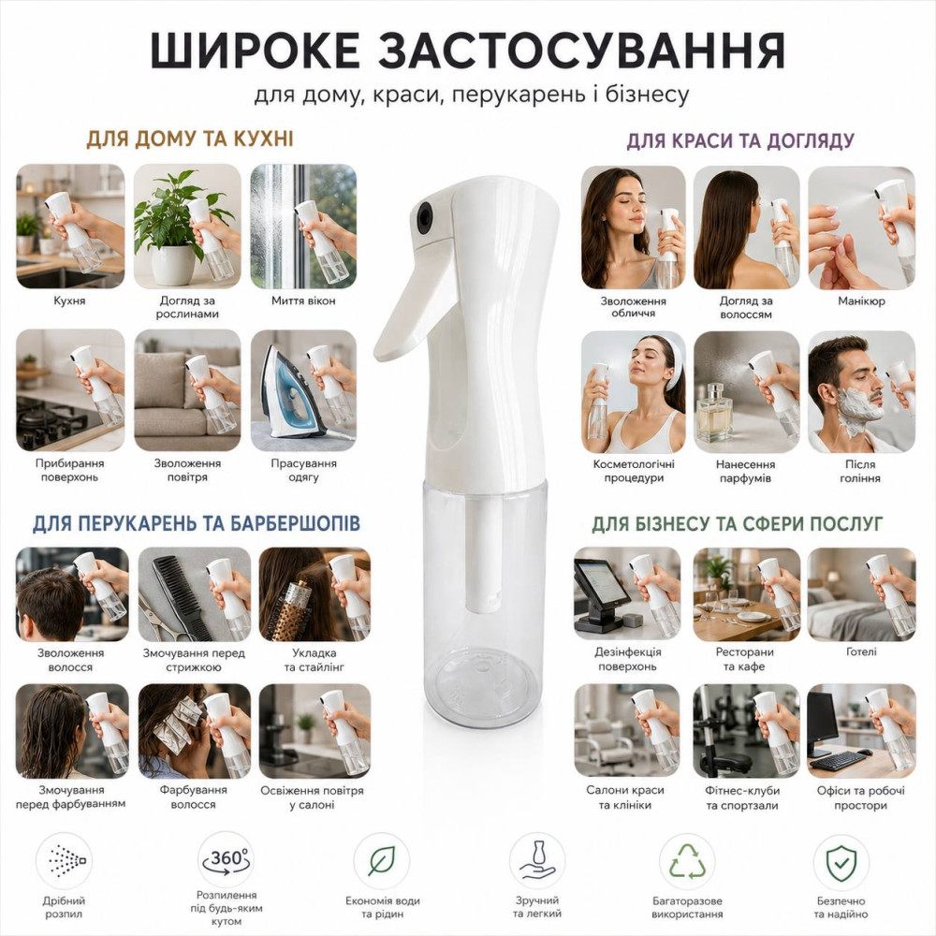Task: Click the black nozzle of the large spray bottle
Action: pyautogui.click(x=424, y=217)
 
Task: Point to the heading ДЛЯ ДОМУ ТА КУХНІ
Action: pyautogui.click(x=190, y=139)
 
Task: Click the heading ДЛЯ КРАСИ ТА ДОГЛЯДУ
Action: pyautogui.click(x=740, y=141)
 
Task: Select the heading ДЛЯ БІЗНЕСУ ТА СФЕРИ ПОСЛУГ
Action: pyautogui.click(x=738, y=523)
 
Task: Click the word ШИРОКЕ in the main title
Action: pyautogui.click(x=255, y=51)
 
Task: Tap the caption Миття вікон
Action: pyautogui.click(x=303, y=300)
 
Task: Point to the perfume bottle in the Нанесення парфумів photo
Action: pyautogui.click(x=714, y=411)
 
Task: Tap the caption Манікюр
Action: pyautogui.click(x=861, y=301)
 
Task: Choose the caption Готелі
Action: pyautogui.click(x=861, y=651)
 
